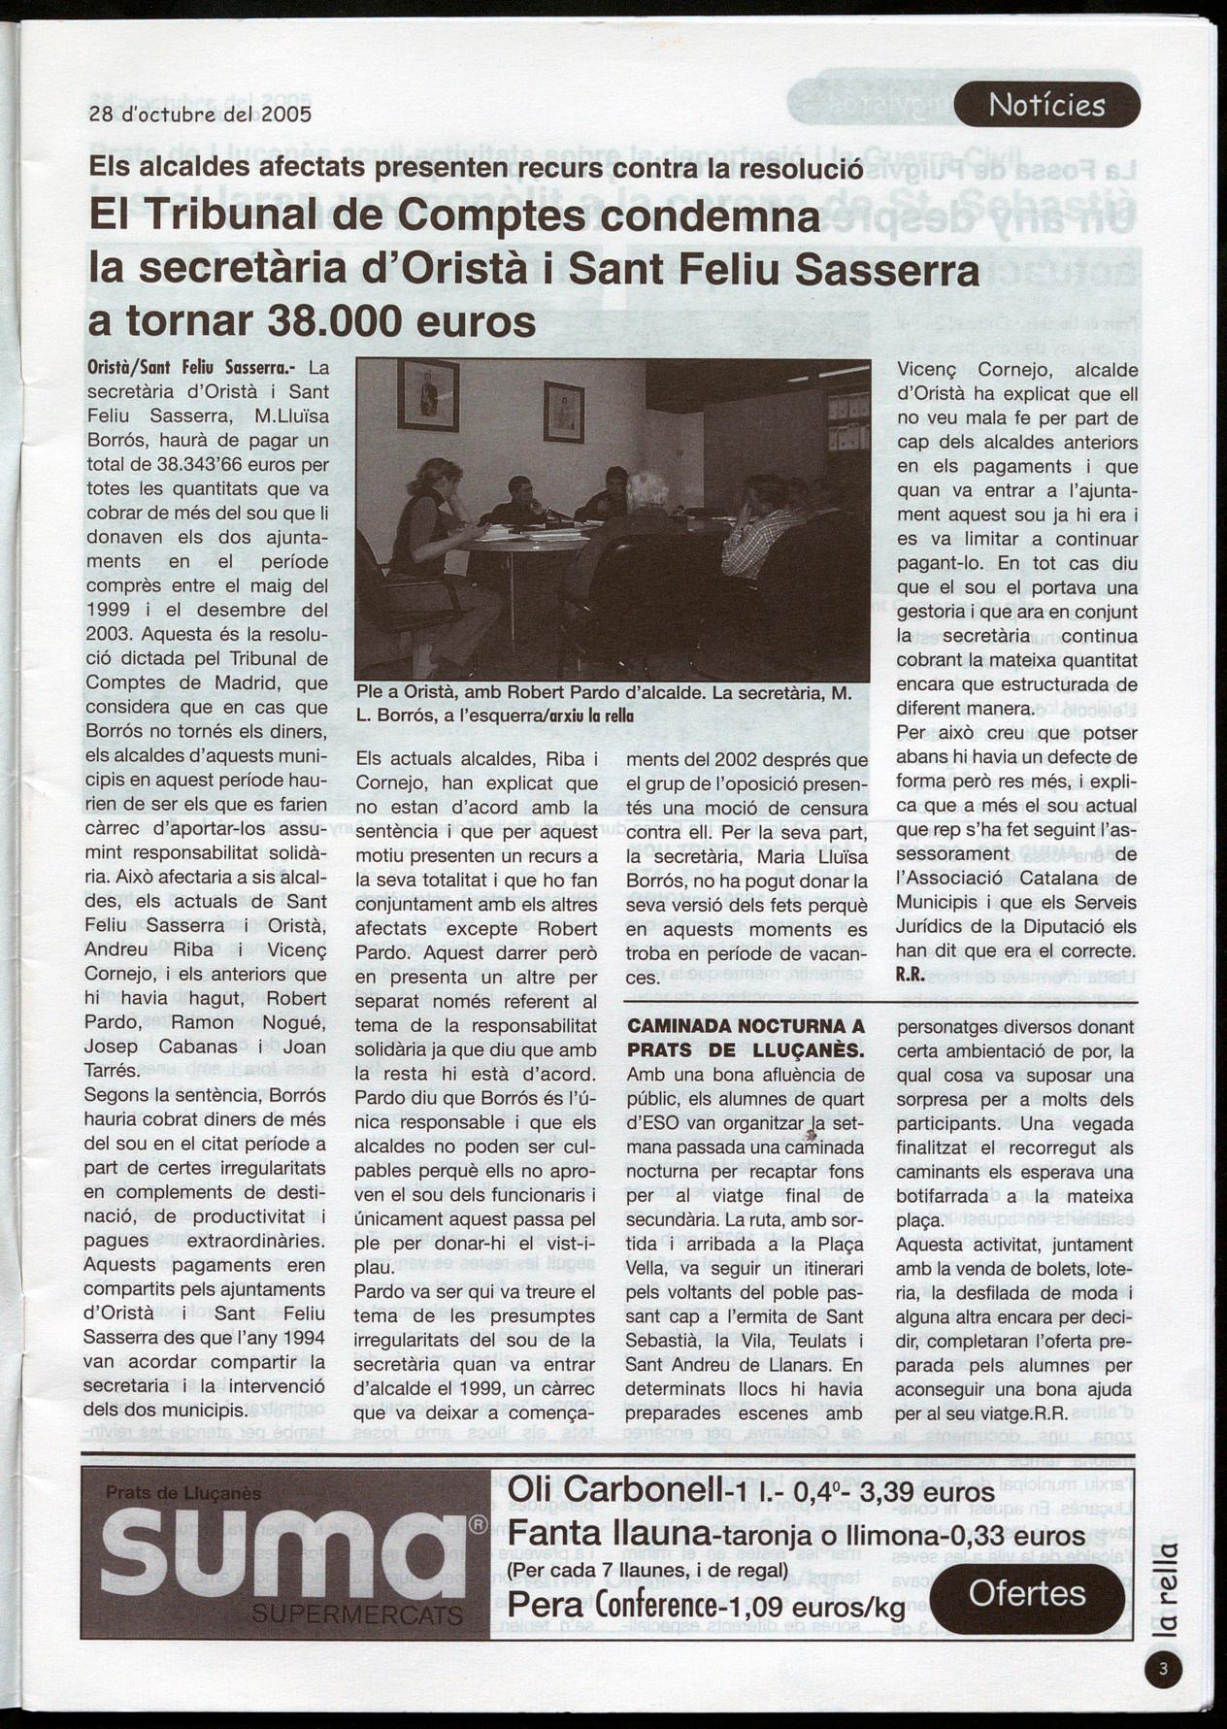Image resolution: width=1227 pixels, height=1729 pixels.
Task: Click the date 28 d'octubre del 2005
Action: (200, 114)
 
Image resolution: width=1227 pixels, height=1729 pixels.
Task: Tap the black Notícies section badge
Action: (1046, 105)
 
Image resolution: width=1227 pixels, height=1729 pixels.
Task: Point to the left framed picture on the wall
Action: (428, 394)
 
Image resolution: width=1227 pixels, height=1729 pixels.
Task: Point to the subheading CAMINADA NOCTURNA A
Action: (746, 1026)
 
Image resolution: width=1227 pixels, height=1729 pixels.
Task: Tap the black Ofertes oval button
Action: (1026, 1593)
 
